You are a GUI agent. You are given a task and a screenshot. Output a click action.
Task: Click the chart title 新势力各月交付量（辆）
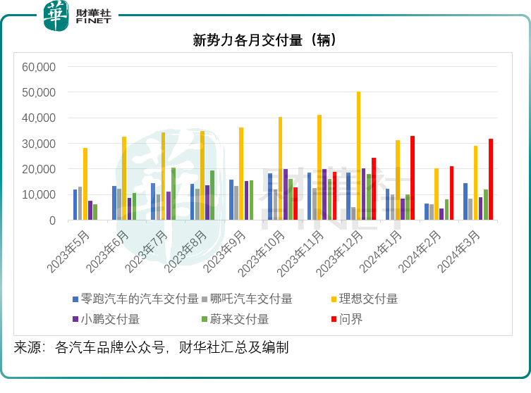[x=264, y=40]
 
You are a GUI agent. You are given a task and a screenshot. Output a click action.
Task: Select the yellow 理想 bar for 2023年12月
[x=358, y=156]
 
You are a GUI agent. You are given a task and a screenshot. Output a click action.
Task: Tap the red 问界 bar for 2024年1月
[x=413, y=178]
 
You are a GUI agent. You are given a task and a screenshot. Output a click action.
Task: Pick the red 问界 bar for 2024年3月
[x=491, y=180]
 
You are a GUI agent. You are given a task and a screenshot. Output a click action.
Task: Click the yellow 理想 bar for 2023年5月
[x=85, y=184]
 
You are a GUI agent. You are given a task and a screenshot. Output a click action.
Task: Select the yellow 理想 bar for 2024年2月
[x=437, y=194]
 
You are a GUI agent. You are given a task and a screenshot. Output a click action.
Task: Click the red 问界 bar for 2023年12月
[x=374, y=189]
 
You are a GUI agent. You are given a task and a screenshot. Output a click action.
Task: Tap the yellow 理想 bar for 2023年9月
[x=241, y=174]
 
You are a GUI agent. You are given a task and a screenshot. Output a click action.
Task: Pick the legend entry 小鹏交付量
[x=110, y=319]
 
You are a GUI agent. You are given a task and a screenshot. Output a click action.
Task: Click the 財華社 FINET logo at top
[x=78, y=15]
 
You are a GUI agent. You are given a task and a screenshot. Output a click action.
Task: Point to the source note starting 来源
[x=152, y=347]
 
